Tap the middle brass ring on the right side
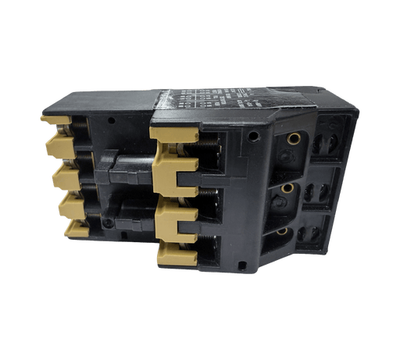pos(287,188)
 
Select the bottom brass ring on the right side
pos(282,230)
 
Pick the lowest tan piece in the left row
pos(76,228)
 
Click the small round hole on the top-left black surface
pos(115,123)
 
